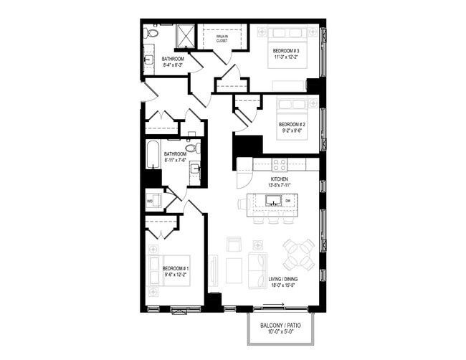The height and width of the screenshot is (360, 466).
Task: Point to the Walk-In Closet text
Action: [x=222, y=38]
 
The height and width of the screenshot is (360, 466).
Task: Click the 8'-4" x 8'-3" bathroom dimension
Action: [x=172, y=65]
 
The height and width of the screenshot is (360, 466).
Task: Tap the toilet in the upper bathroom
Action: [x=152, y=33]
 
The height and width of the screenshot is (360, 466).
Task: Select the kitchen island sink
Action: [x=272, y=200]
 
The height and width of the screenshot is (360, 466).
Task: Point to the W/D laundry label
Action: [x=149, y=201]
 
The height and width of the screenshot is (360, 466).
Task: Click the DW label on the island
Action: [x=287, y=200]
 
